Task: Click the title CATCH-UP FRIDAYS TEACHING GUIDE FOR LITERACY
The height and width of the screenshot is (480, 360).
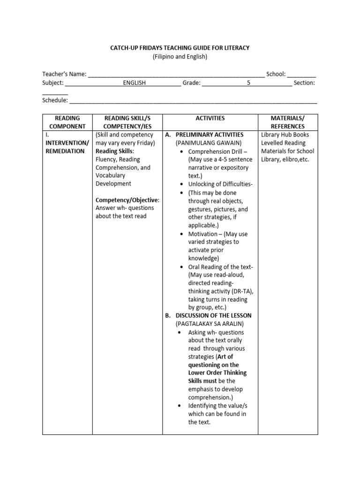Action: click(180, 47)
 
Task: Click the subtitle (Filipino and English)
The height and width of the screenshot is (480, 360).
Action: click(180, 56)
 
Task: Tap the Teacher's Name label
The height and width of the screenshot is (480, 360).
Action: click(64, 74)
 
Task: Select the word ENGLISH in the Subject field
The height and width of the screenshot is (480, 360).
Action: click(135, 83)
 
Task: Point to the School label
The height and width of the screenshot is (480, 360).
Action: click(276, 74)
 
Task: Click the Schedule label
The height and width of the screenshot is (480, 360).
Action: click(55, 100)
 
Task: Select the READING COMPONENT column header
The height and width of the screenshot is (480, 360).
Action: click(67, 122)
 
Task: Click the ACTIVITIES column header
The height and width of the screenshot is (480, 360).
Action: click(210, 119)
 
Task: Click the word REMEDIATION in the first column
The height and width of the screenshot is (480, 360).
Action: click(65, 151)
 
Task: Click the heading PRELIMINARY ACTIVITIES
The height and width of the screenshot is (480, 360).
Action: click(210, 135)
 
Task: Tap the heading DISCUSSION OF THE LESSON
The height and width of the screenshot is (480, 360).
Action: click(213, 315)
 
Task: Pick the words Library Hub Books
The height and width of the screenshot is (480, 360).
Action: click(285, 135)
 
